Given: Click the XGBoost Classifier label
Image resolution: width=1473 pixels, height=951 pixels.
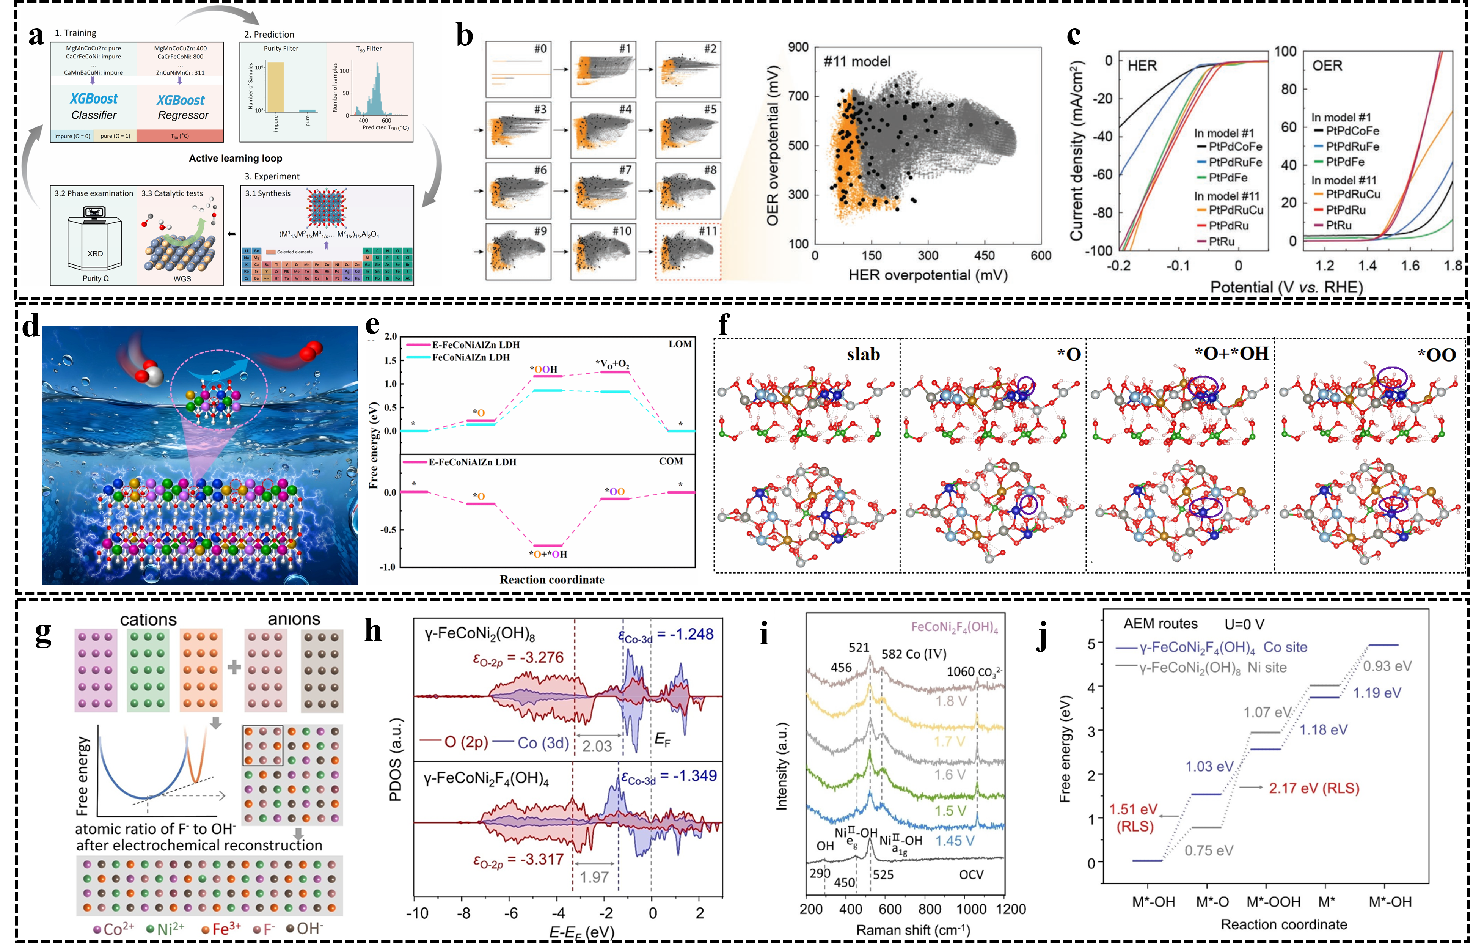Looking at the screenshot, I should pyautogui.click(x=93, y=106).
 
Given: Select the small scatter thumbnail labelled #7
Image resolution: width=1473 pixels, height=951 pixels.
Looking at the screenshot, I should pyautogui.click(x=603, y=190).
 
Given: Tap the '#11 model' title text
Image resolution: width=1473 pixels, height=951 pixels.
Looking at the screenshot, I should pyautogui.click(x=857, y=61).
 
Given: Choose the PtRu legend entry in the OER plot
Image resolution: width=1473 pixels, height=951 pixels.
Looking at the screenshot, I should pyautogui.click(x=1338, y=225).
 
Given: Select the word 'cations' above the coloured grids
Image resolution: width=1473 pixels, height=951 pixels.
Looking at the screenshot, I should pyautogui.click(x=148, y=619).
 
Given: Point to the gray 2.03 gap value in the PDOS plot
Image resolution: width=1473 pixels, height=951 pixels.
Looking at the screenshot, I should pyautogui.click(x=597, y=746).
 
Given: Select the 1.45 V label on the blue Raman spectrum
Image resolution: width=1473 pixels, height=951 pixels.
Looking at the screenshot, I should pyautogui.click(x=955, y=841).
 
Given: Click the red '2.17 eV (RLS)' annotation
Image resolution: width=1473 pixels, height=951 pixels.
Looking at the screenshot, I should pyautogui.click(x=1314, y=788).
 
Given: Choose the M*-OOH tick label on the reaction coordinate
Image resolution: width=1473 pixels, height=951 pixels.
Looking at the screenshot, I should pyautogui.click(x=1273, y=902).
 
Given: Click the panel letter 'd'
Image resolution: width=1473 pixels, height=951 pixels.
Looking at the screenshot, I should pyautogui.click(x=31, y=327).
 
